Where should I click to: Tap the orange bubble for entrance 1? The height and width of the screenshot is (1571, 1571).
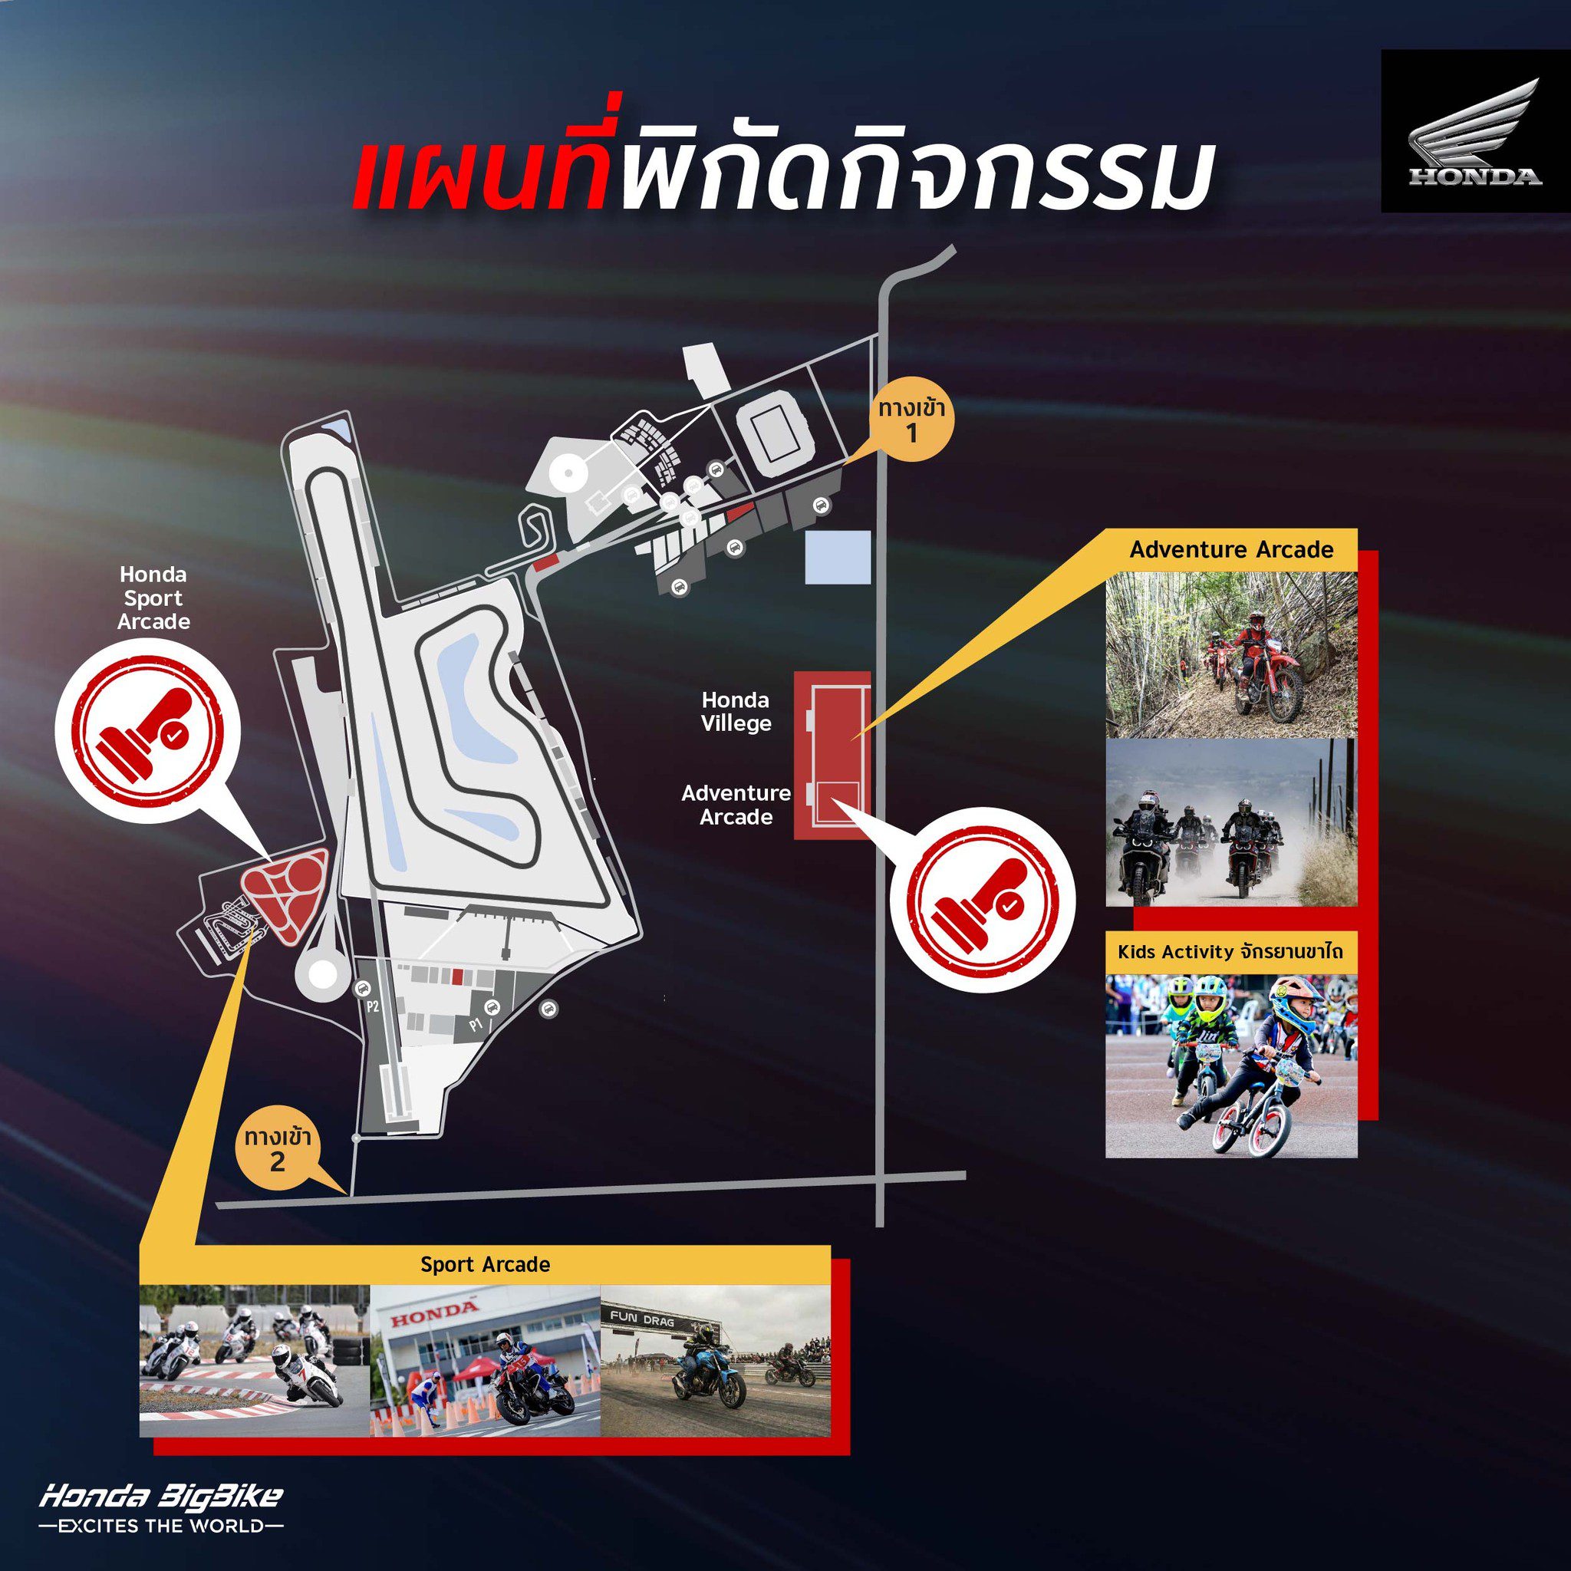[x=911, y=422]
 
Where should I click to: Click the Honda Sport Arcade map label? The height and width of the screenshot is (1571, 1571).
[x=153, y=598]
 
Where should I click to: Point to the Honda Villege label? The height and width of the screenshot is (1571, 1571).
[x=736, y=712]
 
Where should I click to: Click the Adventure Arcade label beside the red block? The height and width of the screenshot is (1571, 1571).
[x=735, y=804]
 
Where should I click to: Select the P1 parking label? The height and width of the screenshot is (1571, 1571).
[x=476, y=1026]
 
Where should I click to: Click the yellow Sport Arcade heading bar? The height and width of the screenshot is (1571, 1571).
[x=485, y=1264]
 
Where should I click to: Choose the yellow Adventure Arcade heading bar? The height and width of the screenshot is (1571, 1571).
[x=1231, y=550]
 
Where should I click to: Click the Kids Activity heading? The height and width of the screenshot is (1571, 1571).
[x=1231, y=950]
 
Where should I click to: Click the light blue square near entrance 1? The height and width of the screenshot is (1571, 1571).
[x=838, y=557]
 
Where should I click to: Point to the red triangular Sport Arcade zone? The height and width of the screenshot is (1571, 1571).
[x=285, y=892]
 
